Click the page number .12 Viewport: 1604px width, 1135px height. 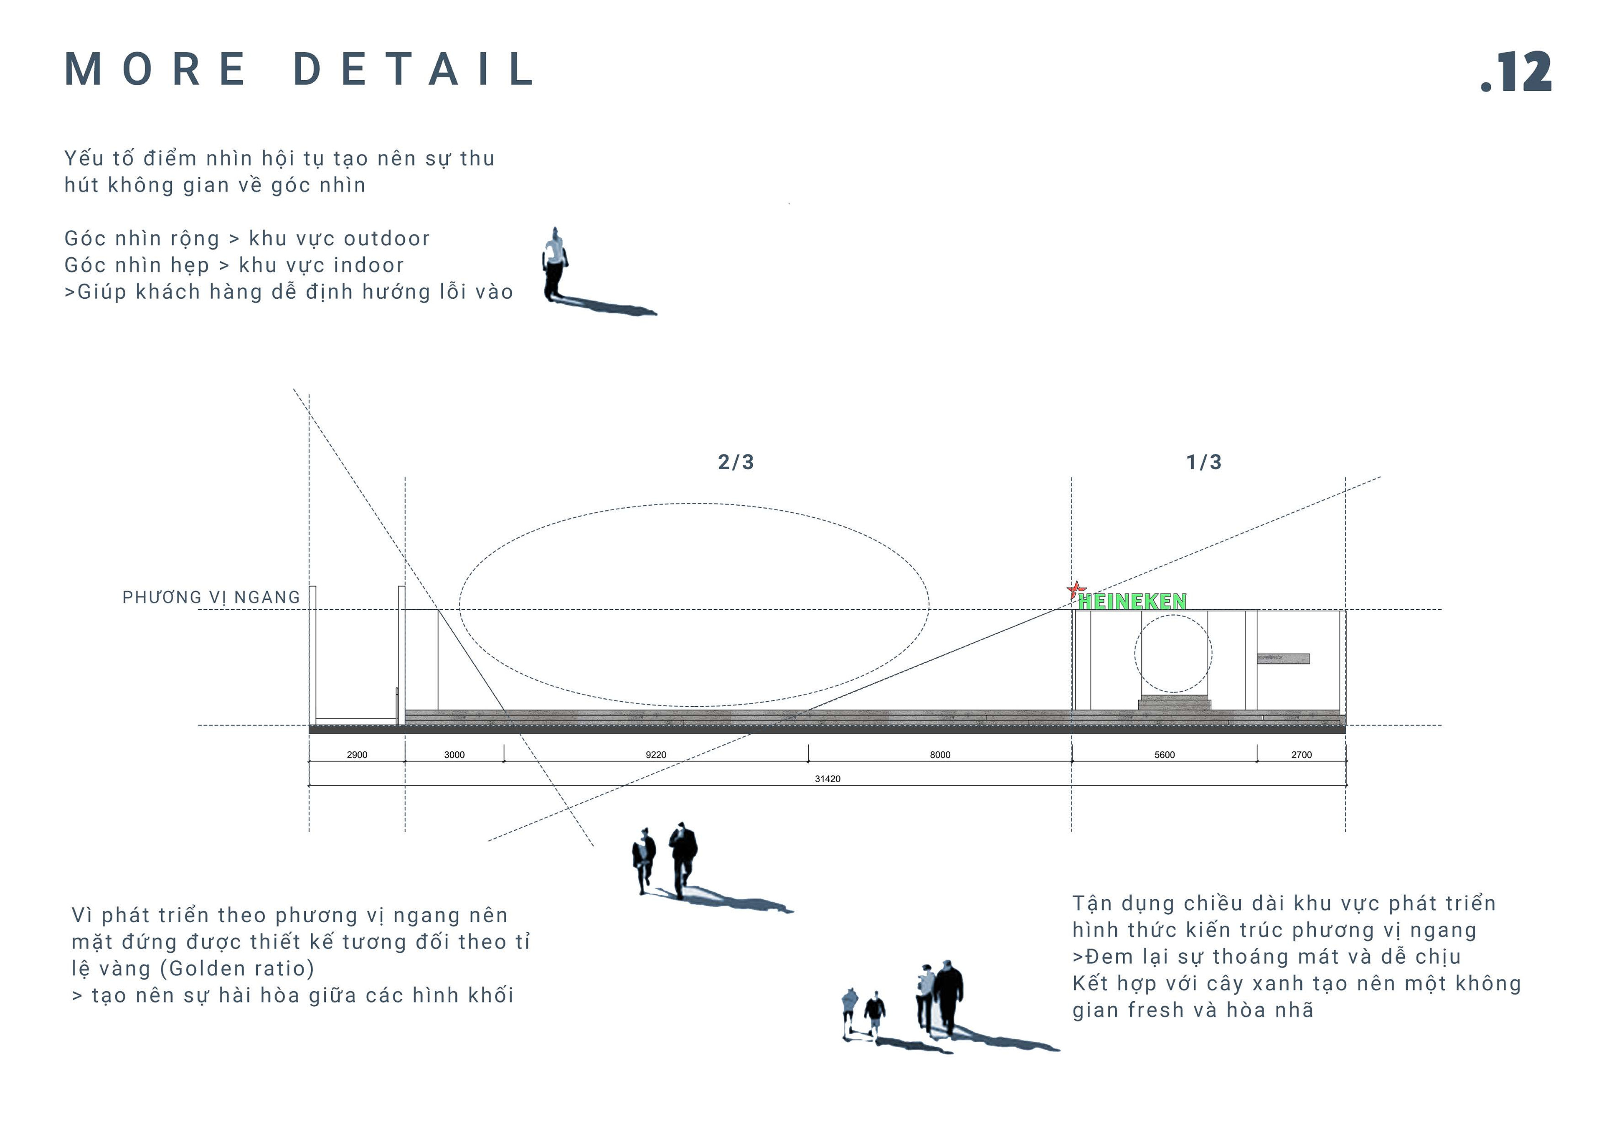point(1516,71)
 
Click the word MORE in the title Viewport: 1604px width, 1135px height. point(155,69)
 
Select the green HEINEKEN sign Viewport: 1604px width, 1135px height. point(1132,601)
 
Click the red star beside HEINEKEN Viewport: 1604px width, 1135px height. point(1076,590)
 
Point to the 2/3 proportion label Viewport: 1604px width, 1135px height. point(736,462)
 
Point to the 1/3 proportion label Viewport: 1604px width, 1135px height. point(1204,462)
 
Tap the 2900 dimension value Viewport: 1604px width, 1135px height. point(357,755)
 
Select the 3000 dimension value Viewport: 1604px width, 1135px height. point(454,755)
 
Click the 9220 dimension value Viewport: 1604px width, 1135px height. point(655,755)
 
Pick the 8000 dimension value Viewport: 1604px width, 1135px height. point(939,755)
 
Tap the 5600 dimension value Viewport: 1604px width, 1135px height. point(1165,755)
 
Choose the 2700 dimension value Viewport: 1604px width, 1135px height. point(1302,755)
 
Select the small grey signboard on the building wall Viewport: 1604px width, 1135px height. point(1283,658)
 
